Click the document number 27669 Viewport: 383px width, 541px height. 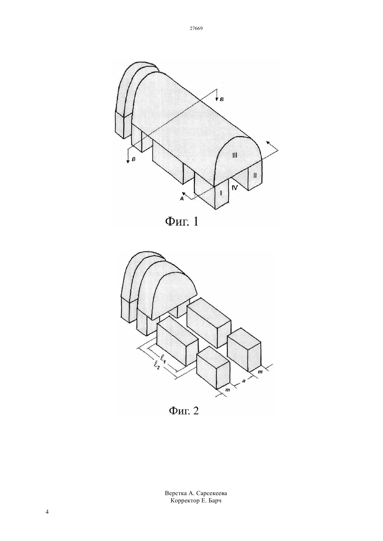coord(196,28)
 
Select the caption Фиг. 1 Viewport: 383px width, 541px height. coord(182,221)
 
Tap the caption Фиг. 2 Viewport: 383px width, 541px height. coord(184,411)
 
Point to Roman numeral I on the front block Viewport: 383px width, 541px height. coord(221,193)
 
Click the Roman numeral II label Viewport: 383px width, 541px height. coord(255,176)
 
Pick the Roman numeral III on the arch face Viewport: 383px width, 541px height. coord(235,155)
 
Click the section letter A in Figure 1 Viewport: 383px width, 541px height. coord(182,199)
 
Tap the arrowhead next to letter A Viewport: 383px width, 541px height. coord(184,193)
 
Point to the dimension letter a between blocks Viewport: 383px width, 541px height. coord(244,381)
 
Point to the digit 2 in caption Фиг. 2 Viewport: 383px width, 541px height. coord(195,411)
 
